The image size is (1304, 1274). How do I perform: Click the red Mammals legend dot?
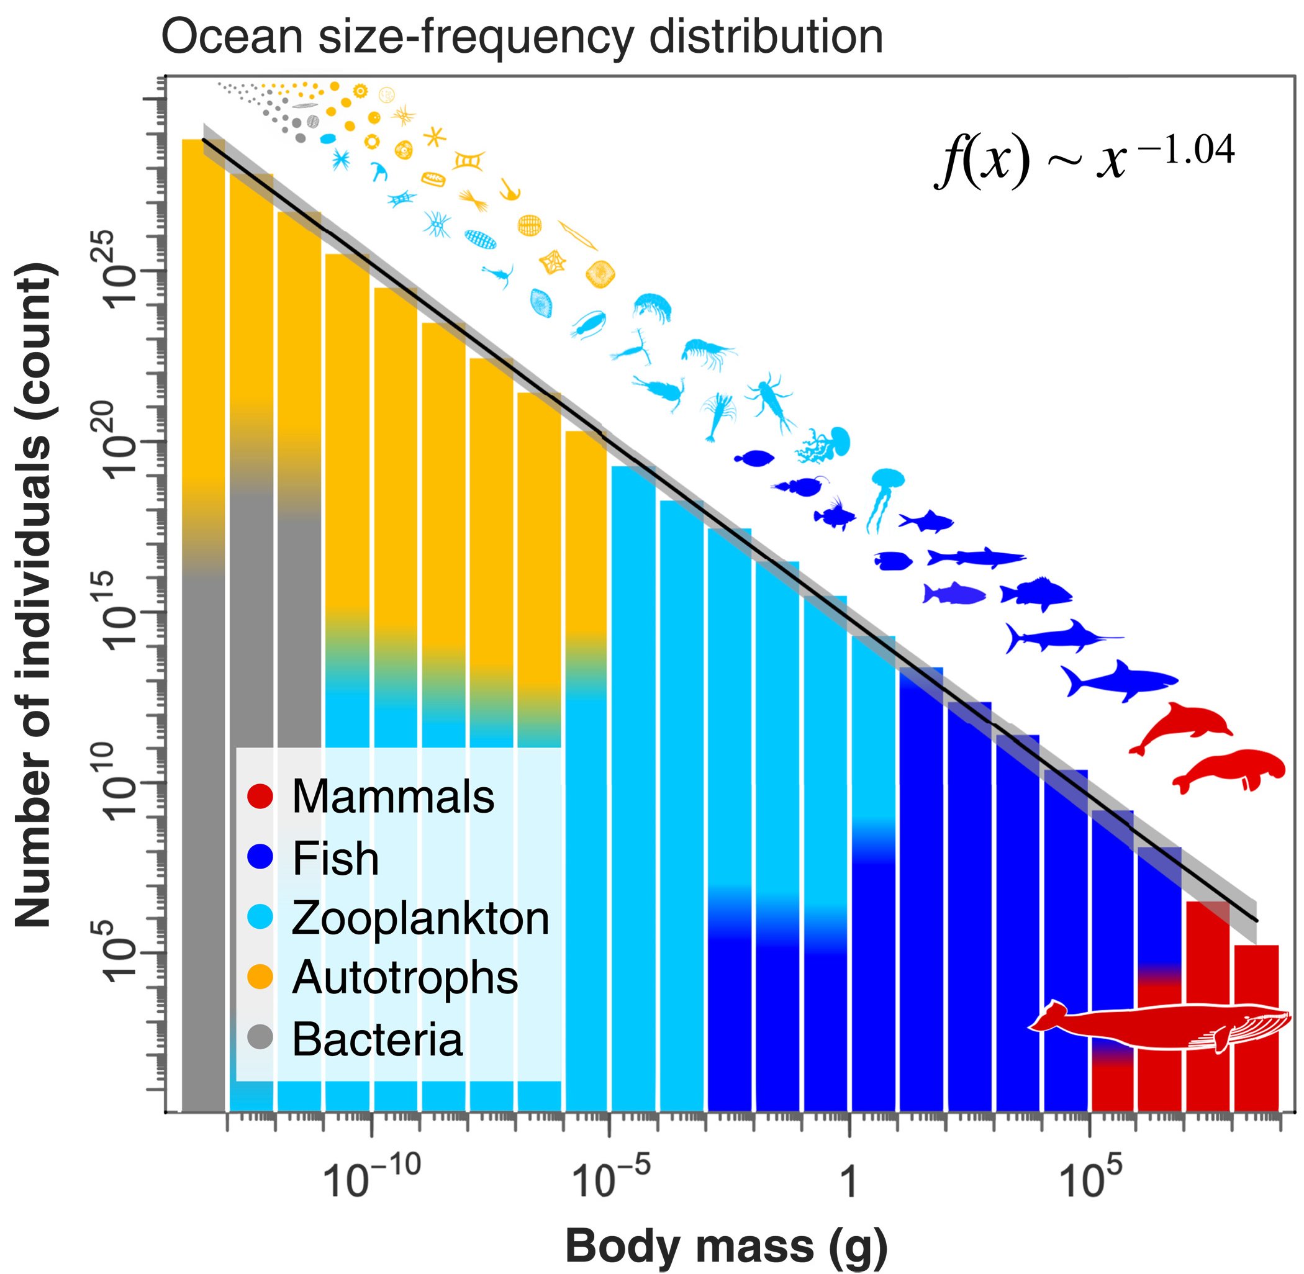point(260,796)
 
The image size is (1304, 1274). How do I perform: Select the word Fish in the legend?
point(335,859)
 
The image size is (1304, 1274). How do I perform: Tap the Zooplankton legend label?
point(420,918)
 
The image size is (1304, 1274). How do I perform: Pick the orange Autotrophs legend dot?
point(260,978)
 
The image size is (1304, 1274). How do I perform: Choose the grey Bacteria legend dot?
point(260,1038)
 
